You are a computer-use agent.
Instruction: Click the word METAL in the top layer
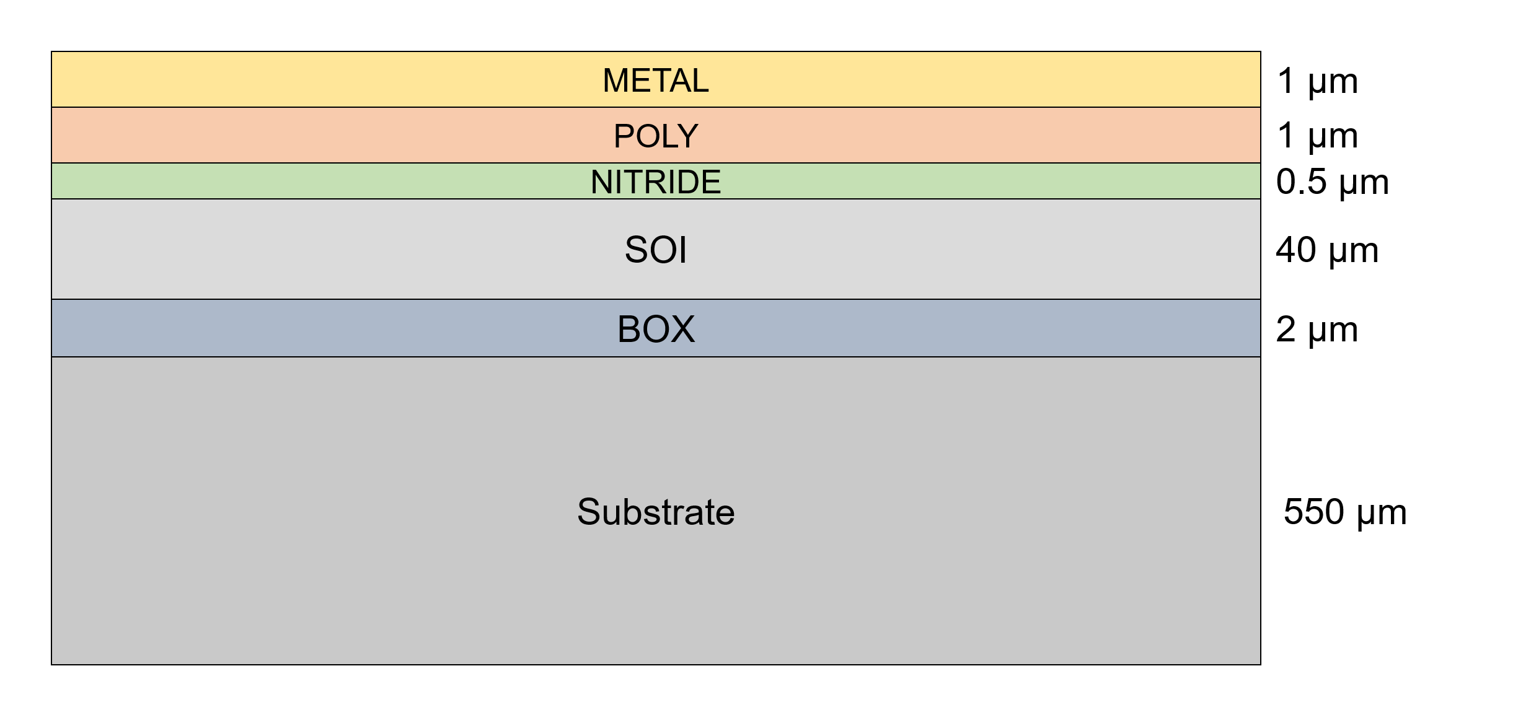coord(655,81)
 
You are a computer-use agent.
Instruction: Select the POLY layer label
coord(655,136)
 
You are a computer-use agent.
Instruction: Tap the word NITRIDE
coord(655,182)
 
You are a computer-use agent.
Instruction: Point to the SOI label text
coord(655,250)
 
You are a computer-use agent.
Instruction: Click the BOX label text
coord(655,329)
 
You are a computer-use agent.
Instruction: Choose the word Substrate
coord(655,512)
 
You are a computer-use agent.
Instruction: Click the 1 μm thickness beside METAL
coord(1317,81)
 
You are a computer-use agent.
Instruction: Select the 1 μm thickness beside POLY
coord(1317,136)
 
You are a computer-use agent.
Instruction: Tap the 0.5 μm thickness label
coord(1332,182)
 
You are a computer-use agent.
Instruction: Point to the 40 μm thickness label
coord(1326,250)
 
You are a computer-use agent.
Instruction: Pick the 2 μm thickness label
coord(1317,330)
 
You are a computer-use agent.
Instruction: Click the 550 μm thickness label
coord(1344,512)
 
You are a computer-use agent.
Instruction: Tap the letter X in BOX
coord(682,329)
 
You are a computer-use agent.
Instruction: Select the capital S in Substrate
coord(588,512)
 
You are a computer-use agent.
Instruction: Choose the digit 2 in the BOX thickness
coord(1286,330)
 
